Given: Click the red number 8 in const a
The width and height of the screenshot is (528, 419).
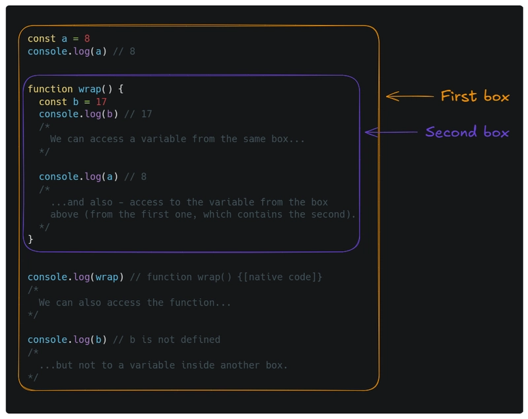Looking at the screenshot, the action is pos(87,39).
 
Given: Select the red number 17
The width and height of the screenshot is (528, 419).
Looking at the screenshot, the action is pos(101,102).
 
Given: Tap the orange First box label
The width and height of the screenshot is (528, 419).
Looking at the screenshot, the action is pos(475,96).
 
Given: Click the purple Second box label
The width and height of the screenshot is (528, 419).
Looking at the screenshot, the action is pos(467,132).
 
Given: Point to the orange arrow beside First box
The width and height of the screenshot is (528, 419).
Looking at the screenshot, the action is pos(410,96).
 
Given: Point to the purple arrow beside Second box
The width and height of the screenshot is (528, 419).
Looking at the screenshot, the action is pos(391,132).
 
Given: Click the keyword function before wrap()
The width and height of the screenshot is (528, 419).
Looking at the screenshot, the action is pos(50,89).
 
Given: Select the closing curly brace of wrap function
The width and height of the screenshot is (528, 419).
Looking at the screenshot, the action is pos(30,239).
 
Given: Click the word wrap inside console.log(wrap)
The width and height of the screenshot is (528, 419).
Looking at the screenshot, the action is pos(107,278).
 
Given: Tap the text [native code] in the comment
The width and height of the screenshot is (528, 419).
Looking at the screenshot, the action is pos(279,277).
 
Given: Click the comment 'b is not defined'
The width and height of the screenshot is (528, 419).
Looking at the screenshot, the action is pos(175,340).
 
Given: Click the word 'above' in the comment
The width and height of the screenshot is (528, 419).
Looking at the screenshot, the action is pos(64,214).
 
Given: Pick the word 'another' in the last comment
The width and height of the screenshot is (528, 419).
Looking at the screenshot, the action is pos(240,365).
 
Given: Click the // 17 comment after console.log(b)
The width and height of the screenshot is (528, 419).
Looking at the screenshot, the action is pos(138,114).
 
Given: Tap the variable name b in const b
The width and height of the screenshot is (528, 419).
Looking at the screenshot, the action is pos(76,102).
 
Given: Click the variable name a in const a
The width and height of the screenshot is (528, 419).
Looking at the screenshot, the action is pos(64,39).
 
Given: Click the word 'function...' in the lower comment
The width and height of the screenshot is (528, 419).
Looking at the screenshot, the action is pos(200,303).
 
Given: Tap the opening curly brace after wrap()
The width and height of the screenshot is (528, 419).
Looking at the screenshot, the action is pos(121,89).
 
